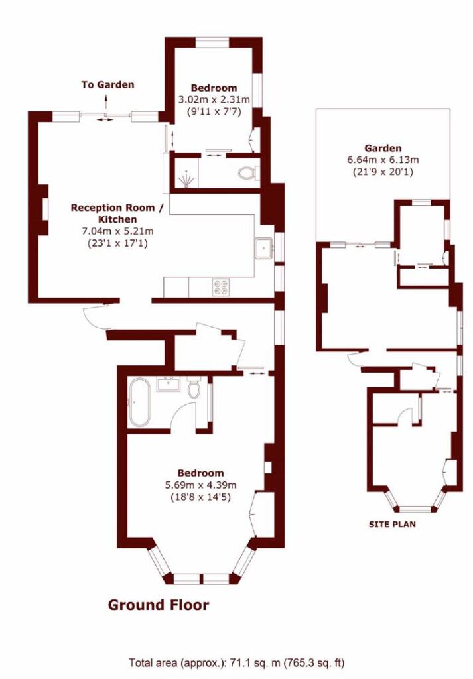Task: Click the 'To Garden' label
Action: pyautogui.click(x=107, y=84)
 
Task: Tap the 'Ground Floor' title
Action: pyautogui.click(x=159, y=605)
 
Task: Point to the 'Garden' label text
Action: pyautogui.click(x=383, y=148)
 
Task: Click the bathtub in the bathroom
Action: pyautogui.click(x=140, y=402)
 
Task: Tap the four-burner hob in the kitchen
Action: pyautogui.click(x=221, y=287)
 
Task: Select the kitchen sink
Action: pyautogui.click(x=264, y=247)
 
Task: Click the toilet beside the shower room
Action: pyautogui.click(x=247, y=173)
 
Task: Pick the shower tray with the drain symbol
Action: pyautogui.click(x=188, y=175)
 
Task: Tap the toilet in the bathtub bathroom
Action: pyautogui.click(x=194, y=387)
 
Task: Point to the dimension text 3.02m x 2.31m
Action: pyautogui.click(x=214, y=99)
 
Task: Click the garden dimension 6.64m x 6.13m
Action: pyautogui.click(x=383, y=160)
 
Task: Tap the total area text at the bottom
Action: pyautogui.click(x=237, y=662)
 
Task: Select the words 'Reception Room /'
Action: pyautogui.click(x=117, y=208)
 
